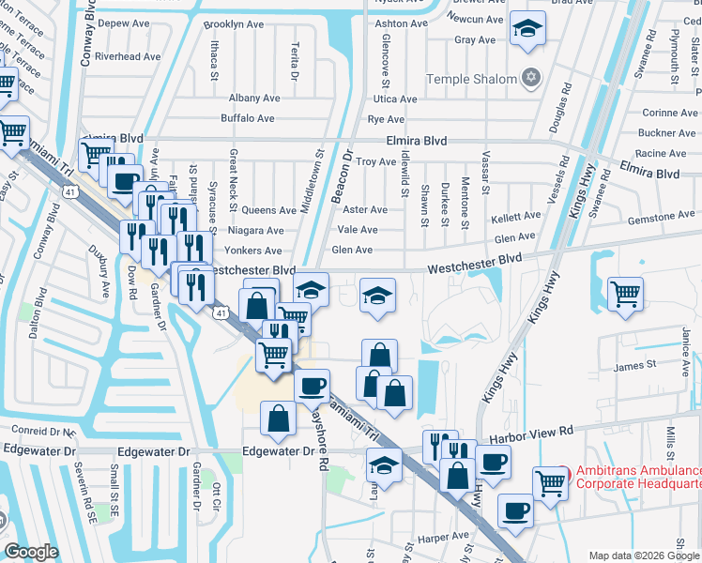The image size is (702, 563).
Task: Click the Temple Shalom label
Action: point(471,80)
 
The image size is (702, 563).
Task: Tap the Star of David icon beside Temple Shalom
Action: point(532,77)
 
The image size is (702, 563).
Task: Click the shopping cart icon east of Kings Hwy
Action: point(624,293)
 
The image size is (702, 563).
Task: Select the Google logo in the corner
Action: point(31,552)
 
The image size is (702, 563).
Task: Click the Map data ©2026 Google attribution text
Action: point(644,555)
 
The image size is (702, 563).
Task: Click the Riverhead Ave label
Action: point(117,56)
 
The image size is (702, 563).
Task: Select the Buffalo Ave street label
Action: point(247,118)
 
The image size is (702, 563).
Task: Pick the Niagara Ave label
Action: point(255,231)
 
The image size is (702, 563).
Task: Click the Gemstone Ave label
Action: point(662,217)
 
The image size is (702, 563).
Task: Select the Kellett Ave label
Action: point(515,218)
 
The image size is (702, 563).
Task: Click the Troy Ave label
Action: point(375,161)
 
